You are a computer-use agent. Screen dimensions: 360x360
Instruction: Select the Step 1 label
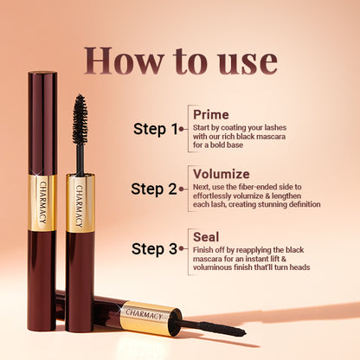(156, 129)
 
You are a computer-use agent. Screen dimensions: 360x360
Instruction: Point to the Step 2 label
(154, 189)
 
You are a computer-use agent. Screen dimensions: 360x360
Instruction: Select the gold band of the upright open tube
(80, 204)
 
